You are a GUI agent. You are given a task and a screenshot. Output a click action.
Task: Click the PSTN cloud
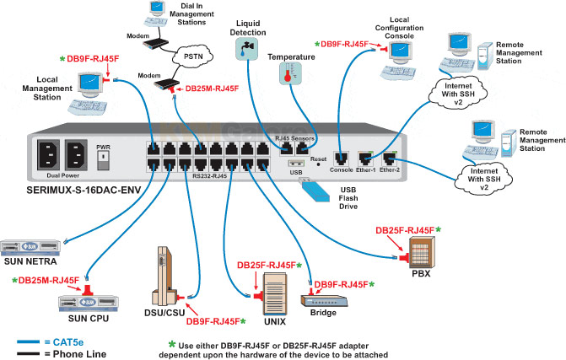(193, 56)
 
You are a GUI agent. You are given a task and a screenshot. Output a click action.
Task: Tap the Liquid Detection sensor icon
(247, 49)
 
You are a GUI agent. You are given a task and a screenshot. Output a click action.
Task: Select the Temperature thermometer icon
(290, 73)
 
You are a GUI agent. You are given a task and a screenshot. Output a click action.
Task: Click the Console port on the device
(340, 159)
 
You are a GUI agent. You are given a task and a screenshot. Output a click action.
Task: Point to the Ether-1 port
(365, 159)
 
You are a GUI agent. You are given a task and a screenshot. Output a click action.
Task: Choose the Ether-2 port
(390, 159)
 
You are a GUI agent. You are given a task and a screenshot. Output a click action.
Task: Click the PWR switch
(103, 160)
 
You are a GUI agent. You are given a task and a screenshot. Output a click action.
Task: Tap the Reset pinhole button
(318, 164)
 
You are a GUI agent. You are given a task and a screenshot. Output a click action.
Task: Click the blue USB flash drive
(315, 189)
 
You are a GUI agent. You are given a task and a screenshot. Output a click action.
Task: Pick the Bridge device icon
(324, 301)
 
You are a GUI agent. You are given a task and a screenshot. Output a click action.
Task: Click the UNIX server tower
(276, 294)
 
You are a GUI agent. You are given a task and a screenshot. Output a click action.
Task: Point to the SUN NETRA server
(30, 247)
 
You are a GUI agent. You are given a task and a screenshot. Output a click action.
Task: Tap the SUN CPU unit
(89, 304)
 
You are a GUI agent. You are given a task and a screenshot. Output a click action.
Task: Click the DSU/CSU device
(165, 276)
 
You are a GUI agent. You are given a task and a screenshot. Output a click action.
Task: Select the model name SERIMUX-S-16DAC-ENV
(84, 190)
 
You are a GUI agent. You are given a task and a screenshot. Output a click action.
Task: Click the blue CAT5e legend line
(28, 341)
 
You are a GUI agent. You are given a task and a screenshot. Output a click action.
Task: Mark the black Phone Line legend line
(28, 353)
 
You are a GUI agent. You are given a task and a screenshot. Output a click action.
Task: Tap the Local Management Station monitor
(90, 85)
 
